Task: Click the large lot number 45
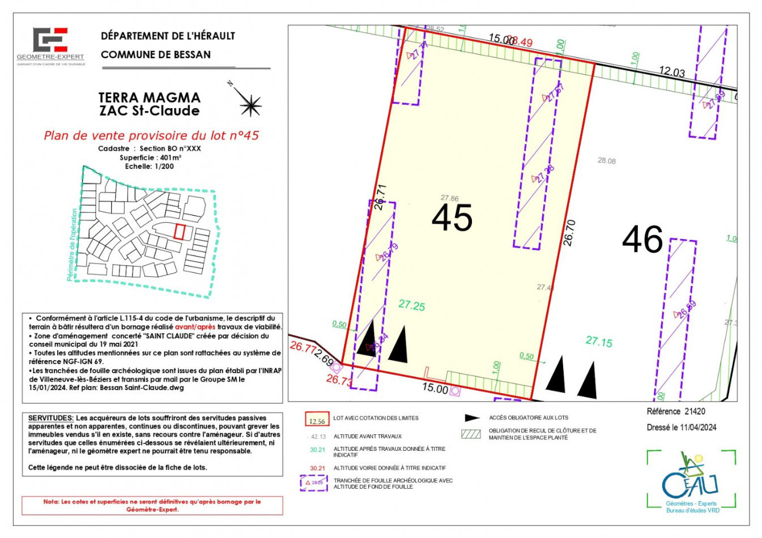pyautogui.click(x=452, y=218)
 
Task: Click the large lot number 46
pyautogui.click(x=642, y=240)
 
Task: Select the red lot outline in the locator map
pyautogui.click(x=180, y=232)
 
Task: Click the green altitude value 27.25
pyautogui.click(x=411, y=306)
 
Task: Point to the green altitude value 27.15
pyautogui.click(x=599, y=342)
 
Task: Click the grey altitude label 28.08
pyautogui.click(x=606, y=161)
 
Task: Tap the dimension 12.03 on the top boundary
pyautogui.click(x=671, y=72)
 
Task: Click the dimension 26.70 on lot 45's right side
pyautogui.click(x=569, y=232)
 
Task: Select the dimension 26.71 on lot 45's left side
pyautogui.click(x=380, y=197)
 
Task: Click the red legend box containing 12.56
pyautogui.click(x=317, y=419)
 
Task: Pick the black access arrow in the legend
pyautogui.click(x=472, y=418)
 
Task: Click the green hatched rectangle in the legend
pyautogui.click(x=471, y=434)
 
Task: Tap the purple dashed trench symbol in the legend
pyautogui.click(x=314, y=483)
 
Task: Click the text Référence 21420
pyautogui.click(x=675, y=412)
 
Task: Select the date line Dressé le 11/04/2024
pyautogui.click(x=681, y=428)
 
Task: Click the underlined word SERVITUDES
pyautogui.click(x=50, y=418)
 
